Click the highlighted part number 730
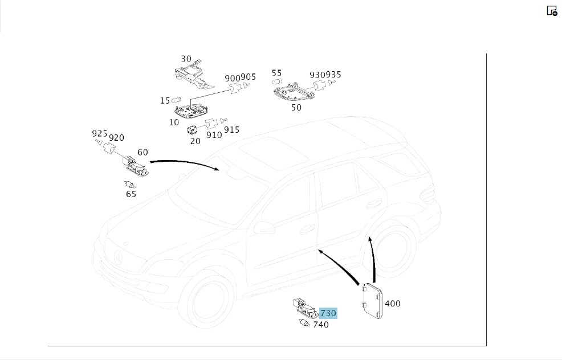[328, 313]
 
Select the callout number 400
[393, 304]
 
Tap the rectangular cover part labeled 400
[372, 301]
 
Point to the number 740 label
[321, 325]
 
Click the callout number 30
[186, 59]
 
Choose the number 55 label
[276, 73]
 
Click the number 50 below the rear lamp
[296, 108]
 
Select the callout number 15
[165, 101]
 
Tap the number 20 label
[196, 141]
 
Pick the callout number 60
[142, 152]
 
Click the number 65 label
[131, 194]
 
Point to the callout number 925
[99, 134]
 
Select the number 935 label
[333, 75]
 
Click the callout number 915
[231, 130]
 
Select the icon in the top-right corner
[552, 11]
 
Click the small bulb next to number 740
[304, 323]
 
